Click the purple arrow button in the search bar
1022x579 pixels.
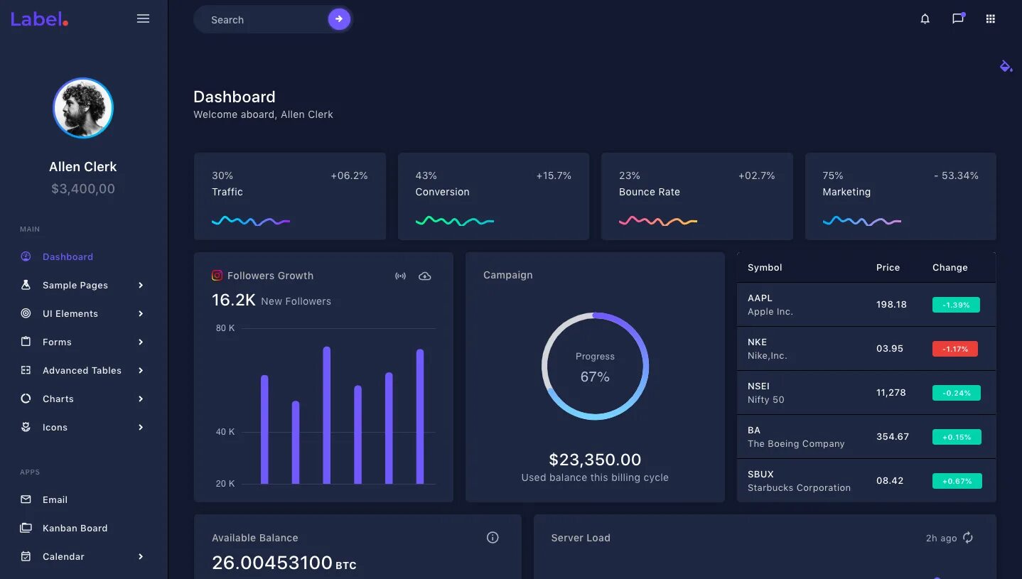point(339,19)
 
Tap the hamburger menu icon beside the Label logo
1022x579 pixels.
point(143,19)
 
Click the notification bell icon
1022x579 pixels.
point(925,19)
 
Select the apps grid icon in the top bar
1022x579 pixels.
point(990,19)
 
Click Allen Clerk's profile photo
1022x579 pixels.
point(83,108)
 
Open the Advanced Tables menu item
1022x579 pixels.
point(82,370)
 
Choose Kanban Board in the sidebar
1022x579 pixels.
point(75,528)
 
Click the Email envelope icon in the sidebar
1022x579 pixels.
point(26,499)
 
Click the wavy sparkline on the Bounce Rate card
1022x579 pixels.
point(657,221)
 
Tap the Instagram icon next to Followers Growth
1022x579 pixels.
point(217,276)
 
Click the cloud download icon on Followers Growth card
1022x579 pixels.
point(424,276)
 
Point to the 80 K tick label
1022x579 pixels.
point(225,328)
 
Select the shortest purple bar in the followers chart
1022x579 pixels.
point(296,443)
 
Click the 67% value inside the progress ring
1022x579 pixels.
point(595,377)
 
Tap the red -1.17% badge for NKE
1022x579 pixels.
point(955,349)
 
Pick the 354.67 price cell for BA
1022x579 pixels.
point(893,436)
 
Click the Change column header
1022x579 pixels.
point(950,268)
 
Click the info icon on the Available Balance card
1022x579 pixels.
point(493,538)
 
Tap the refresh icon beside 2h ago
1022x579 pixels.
point(968,538)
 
